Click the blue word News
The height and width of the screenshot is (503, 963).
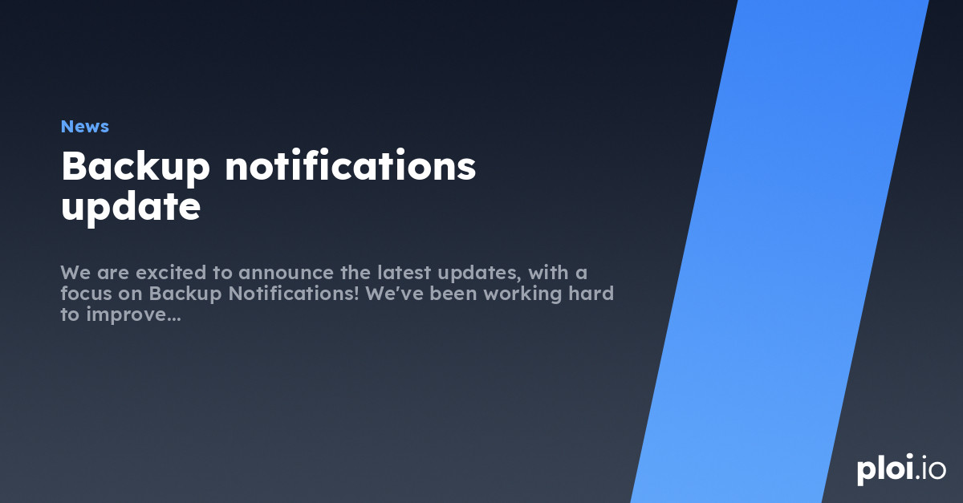tap(84, 127)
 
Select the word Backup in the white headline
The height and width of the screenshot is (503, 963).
tap(136, 168)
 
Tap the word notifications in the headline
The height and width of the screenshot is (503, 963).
tap(351, 168)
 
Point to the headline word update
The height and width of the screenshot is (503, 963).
tap(130, 208)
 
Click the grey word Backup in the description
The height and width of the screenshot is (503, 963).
tap(188, 294)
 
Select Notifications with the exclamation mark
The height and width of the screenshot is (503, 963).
tap(294, 294)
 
